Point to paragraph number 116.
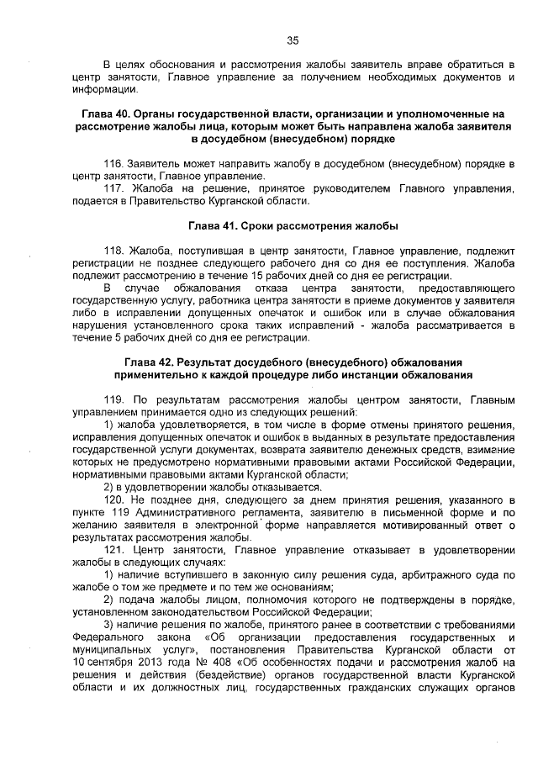(x=113, y=161)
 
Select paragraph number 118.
(x=113, y=251)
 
